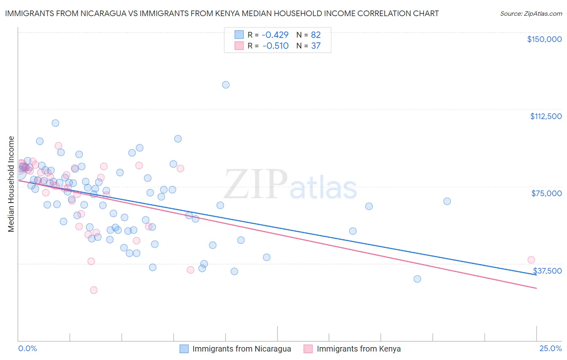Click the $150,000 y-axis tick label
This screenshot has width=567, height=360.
(x=544, y=39)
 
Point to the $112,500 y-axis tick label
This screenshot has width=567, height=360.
(x=546, y=116)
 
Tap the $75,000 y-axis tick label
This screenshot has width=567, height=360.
(x=546, y=193)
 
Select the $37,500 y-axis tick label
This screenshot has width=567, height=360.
(x=547, y=271)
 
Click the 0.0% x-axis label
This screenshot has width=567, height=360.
(x=27, y=348)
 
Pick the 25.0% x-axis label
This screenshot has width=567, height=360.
(x=550, y=348)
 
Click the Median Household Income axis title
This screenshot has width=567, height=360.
(x=11, y=184)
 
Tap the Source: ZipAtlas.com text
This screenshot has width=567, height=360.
(x=531, y=14)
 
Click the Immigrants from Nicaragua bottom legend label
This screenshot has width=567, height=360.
(x=242, y=349)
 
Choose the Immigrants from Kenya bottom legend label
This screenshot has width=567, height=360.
(x=359, y=349)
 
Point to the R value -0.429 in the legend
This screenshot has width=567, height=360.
(x=275, y=35)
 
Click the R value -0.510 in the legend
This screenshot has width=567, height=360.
(x=275, y=46)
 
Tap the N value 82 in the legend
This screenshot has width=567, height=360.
(x=316, y=35)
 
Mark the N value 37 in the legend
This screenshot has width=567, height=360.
(x=316, y=46)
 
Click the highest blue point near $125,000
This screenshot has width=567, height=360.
(x=226, y=85)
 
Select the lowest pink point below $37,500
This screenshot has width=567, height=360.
(x=94, y=290)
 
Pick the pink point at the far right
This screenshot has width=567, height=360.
(x=531, y=260)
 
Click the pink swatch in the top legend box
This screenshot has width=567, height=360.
(x=239, y=46)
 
